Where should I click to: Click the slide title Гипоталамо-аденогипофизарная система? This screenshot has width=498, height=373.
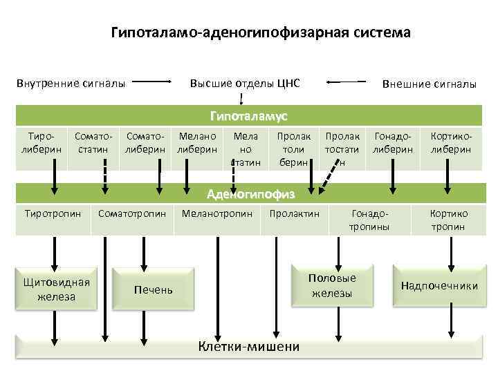261,32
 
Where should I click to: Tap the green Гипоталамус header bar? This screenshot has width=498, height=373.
249,115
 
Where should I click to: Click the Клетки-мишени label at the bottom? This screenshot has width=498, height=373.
249,347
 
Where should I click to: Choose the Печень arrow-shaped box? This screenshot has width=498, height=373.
154,289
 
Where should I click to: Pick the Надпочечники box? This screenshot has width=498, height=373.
439,285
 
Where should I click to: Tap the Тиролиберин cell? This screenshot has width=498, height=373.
42,143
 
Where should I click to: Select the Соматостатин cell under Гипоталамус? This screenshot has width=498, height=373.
93,143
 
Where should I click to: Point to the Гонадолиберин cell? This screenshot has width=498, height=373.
393,143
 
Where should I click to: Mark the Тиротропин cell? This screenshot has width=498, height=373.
53,214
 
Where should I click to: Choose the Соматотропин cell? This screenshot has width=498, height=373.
132,214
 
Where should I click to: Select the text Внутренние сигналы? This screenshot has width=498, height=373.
71,84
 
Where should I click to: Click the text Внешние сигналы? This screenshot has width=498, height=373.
429,84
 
